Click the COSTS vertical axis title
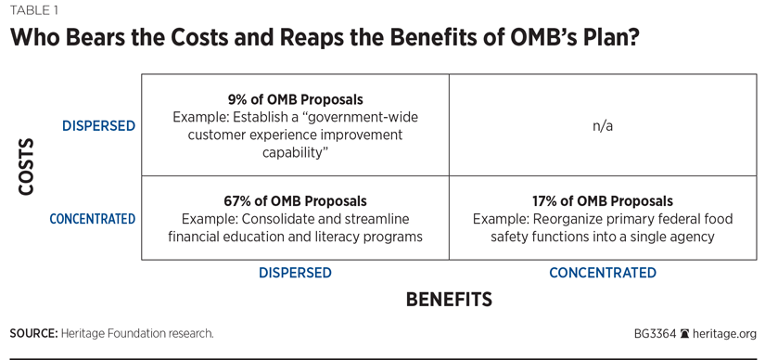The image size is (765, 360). coord(26,167)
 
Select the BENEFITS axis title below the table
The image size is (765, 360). coord(449,300)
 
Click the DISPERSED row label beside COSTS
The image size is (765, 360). coord(98,126)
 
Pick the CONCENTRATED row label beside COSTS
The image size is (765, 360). coord(93,219)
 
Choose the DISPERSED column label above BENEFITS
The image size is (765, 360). coord(295,273)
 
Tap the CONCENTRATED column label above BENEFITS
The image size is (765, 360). coord(603,273)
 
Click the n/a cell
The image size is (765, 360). coord(603,126)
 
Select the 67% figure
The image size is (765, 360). coord(236,200)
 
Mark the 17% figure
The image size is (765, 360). coord(544,200)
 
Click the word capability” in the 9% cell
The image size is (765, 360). coord(295,152)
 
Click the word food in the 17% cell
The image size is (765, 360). coord(720,219)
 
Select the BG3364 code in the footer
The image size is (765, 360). coord(656,334)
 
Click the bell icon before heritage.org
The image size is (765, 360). coord(684,334)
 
